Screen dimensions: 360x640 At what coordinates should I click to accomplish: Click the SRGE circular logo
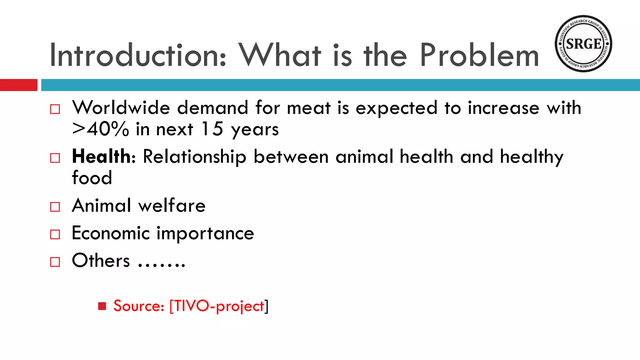(x=583, y=44)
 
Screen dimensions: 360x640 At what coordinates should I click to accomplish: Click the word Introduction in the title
(x=138, y=55)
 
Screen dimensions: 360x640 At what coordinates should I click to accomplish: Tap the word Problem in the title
(x=479, y=55)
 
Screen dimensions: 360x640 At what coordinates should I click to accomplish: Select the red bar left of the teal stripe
(x=18, y=85)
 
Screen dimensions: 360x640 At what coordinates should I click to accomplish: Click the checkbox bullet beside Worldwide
(x=55, y=109)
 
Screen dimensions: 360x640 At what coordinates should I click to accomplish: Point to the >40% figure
(x=100, y=129)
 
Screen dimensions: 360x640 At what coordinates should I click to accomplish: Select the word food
(x=92, y=177)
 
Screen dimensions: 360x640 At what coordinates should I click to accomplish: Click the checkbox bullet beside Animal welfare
(x=55, y=207)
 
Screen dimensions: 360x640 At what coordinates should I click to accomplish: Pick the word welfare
(x=172, y=206)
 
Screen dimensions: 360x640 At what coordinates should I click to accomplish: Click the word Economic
(x=111, y=233)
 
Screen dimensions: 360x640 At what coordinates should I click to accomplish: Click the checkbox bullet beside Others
(x=55, y=262)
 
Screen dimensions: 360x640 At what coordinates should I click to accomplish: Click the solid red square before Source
(x=102, y=306)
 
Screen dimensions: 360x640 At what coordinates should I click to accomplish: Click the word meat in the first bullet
(x=308, y=108)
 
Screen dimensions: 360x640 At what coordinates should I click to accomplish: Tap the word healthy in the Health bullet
(x=532, y=157)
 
